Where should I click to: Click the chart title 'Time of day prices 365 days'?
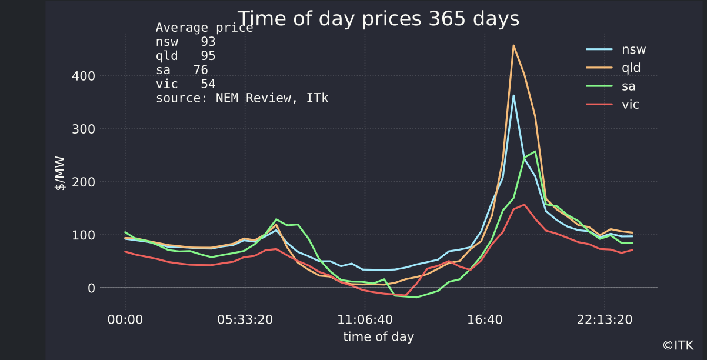pyautogui.click(x=378, y=19)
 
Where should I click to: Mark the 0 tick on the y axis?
pyautogui.click(x=92, y=288)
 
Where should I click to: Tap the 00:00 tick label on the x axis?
pyautogui.click(x=125, y=319)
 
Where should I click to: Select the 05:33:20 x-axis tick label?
pyautogui.click(x=245, y=319)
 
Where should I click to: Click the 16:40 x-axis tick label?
pyautogui.click(x=484, y=319)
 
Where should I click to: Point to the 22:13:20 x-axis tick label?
pyautogui.click(x=604, y=319)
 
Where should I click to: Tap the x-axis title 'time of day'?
pyautogui.click(x=378, y=336)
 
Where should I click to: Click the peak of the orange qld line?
pyautogui.click(x=513, y=45)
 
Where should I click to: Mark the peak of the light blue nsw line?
pyautogui.click(x=513, y=95)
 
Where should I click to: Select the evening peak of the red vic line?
pyautogui.click(x=524, y=205)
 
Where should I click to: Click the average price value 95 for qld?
pyautogui.click(x=208, y=56)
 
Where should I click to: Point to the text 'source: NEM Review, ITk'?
pyautogui.click(x=242, y=98)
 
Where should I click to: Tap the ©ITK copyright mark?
pyautogui.click(x=678, y=346)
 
